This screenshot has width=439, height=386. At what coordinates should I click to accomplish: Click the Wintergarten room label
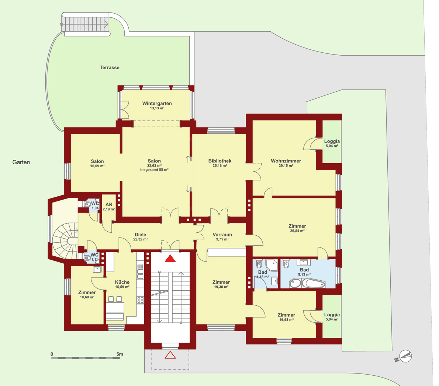[x=157, y=103]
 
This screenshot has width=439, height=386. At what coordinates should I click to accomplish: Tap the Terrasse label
[x=110, y=67]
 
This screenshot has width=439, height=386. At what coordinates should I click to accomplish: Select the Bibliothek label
[x=220, y=161]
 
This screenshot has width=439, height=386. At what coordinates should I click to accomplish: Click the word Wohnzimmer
[x=286, y=161]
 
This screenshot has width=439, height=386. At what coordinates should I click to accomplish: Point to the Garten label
[x=21, y=162]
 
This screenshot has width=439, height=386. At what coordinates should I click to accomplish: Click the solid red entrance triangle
[x=170, y=259]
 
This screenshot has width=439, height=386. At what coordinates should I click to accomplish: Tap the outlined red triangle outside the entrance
[x=170, y=355]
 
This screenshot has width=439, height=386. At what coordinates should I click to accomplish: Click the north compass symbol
[x=404, y=357]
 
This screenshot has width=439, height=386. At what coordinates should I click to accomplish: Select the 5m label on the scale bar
[x=120, y=354]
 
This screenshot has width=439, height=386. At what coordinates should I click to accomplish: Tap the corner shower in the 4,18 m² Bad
[x=271, y=265]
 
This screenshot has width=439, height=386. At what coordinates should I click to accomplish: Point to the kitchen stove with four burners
[x=140, y=300]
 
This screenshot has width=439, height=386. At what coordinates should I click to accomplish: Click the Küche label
[x=122, y=282]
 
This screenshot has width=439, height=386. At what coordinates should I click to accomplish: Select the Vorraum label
[x=222, y=235]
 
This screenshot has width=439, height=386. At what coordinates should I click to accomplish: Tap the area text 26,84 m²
[x=297, y=231]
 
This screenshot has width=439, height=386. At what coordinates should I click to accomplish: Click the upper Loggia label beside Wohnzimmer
[x=332, y=141]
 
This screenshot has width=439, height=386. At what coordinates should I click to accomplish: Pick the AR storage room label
[x=109, y=204]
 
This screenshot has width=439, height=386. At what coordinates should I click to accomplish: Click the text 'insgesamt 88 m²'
[x=154, y=170]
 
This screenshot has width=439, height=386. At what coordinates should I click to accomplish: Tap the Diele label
[x=140, y=235]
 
